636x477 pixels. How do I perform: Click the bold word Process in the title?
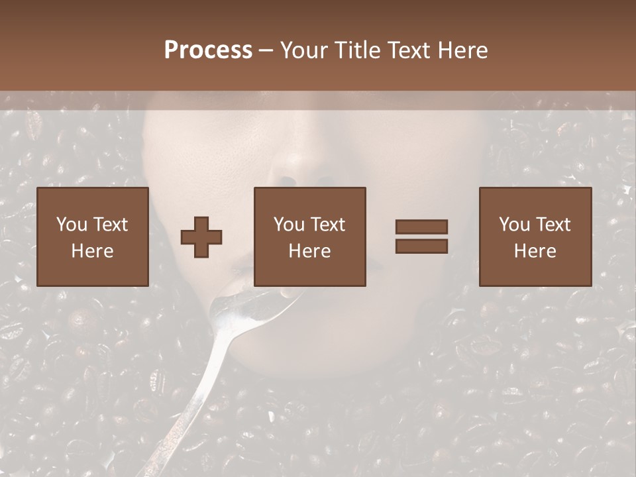tap(208, 50)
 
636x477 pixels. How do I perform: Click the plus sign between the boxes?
tap(201, 237)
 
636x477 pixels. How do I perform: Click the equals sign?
tap(421, 237)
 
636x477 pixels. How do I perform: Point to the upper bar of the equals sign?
tap(421, 227)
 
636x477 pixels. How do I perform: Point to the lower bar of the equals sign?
tap(421, 246)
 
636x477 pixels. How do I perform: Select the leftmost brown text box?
tap(92, 237)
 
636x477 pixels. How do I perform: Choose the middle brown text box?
tap(309, 237)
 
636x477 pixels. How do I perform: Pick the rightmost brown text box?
tap(535, 237)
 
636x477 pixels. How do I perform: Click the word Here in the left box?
tap(92, 250)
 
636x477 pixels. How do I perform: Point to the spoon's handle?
tap(192, 397)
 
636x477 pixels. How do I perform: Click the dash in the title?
tap(266, 50)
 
